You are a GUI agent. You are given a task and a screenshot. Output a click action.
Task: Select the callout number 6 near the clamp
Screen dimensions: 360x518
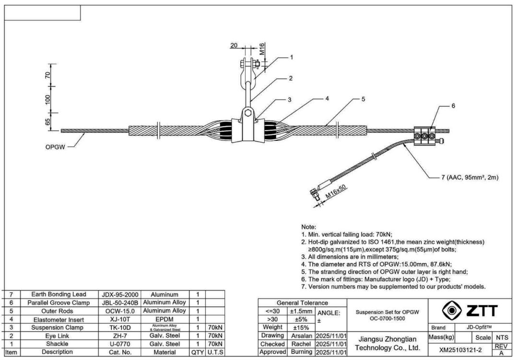(453, 105)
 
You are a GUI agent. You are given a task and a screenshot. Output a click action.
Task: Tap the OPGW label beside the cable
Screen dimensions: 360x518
(55, 147)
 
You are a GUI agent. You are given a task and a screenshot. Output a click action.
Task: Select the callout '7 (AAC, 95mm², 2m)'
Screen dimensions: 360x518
(470, 177)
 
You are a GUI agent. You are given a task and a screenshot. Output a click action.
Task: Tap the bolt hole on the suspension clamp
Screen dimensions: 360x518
(247, 114)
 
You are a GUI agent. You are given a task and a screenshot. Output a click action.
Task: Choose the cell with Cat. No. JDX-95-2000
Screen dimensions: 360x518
(120, 294)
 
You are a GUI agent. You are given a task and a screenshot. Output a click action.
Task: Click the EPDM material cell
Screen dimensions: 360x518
(165, 319)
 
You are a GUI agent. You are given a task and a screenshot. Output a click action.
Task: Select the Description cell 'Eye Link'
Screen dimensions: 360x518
(57, 336)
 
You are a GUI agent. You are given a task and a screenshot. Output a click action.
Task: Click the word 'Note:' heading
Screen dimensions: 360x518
(308, 226)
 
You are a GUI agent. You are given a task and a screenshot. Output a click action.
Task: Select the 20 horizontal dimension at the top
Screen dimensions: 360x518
(234, 45)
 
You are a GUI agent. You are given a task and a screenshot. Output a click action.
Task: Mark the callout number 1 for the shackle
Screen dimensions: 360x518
(291, 57)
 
